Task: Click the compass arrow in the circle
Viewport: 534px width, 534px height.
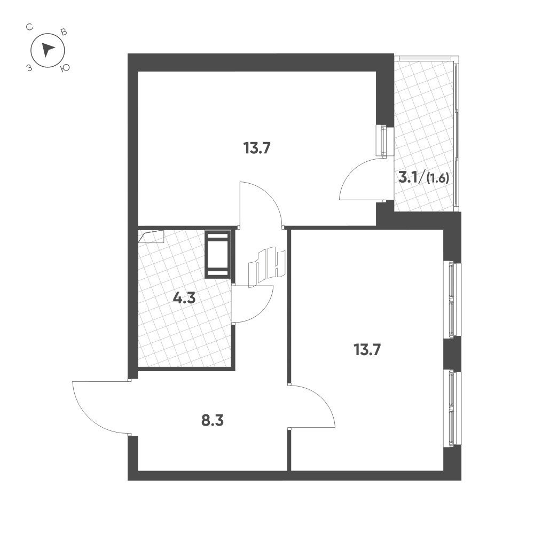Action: click(x=48, y=50)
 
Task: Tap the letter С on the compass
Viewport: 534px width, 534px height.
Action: click(x=31, y=26)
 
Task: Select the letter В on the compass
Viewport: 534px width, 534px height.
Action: click(x=64, y=32)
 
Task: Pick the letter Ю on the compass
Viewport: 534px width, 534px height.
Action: click(x=65, y=68)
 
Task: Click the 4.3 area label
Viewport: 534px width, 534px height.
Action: click(x=184, y=298)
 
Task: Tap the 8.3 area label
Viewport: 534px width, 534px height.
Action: click(x=211, y=420)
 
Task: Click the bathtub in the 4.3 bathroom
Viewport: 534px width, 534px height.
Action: click(x=218, y=254)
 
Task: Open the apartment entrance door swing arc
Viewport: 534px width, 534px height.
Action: click(x=96, y=406)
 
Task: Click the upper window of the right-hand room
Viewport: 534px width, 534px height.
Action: click(x=452, y=299)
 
